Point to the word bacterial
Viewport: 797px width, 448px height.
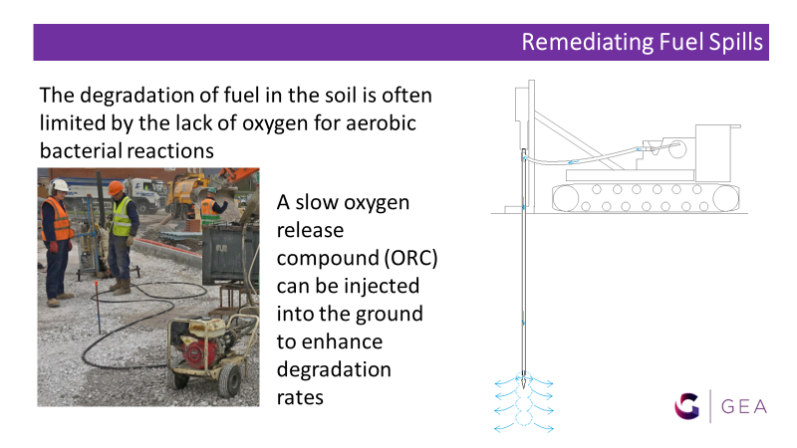(x=82, y=151)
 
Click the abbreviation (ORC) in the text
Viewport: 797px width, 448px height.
(x=410, y=258)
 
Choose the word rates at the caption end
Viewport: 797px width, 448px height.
(x=300, y=397)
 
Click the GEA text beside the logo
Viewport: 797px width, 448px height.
(x=744, y=407)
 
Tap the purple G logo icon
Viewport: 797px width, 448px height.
(x=687, y=406)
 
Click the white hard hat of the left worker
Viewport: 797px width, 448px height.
(x=59, y=185)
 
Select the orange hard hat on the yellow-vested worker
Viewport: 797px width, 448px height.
(x=116, y=188)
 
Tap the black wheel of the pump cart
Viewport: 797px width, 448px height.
(x=229, y=380)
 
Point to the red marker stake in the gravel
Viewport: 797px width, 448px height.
(x=97, y=307)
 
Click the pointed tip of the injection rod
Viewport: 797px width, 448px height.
(x=524, y=388)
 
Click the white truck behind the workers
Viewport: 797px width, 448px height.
(x=145, y=193)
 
